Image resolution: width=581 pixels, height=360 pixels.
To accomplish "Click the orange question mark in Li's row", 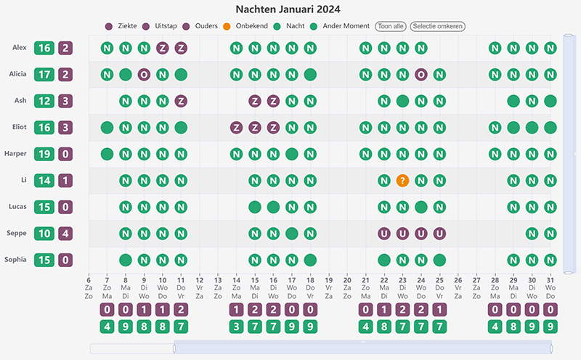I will point(402,180).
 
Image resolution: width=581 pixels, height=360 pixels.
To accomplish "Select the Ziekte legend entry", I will point(121,26).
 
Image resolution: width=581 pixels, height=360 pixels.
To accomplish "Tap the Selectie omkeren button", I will point(437,26).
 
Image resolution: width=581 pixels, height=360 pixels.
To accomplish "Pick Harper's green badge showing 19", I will point(44,154).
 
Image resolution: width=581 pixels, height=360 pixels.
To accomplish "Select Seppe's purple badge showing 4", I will point(66,234).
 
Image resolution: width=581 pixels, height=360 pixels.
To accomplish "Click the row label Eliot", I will point(20,127).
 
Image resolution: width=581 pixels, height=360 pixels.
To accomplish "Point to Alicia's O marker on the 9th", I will point(144,75).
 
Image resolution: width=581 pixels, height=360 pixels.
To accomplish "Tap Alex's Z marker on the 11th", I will point(181,49).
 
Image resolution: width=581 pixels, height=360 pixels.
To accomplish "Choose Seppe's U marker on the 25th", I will point(439,234).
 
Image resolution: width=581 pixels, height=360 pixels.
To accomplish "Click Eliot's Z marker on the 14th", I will point(236,128).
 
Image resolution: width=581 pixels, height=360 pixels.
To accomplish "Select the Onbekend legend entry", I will point(246,26).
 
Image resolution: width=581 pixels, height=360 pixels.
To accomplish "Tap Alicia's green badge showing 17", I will point(44,74).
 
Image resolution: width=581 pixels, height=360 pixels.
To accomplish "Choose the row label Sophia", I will point(17,259).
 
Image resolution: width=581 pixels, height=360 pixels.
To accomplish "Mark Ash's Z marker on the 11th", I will point(181,101).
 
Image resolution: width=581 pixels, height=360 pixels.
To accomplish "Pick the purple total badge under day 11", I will point(181,309).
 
